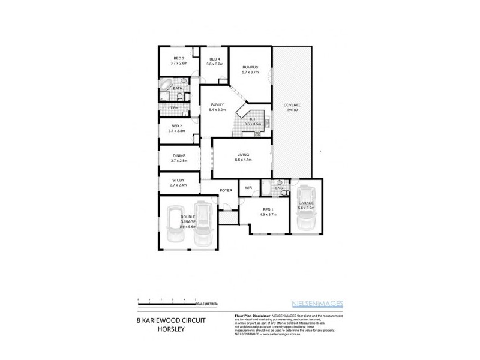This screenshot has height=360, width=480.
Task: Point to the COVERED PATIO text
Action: pyautogui.click(x=292, y=108)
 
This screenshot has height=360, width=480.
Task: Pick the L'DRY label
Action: pyautogui.click(x=173, y=108)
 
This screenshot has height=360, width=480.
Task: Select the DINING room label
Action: pyautogui.click(x=179, y=158)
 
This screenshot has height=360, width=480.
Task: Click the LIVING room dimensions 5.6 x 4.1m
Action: pyautogui.click(x=243, y=160)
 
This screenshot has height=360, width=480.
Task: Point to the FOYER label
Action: pyautogui.click(x=226, y=190)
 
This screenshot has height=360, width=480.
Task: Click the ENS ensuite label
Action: pyautogui.click(x=279, y=188)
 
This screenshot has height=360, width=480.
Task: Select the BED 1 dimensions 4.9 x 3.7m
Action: pyautogui.click(x=268, y=214)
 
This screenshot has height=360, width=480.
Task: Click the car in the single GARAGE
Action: pyautogui.click(x=305, y=209)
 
